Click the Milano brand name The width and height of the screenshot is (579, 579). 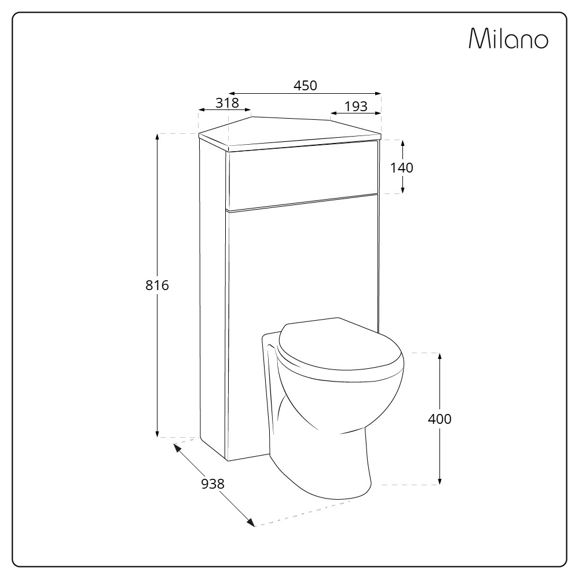click(x=508, y=38)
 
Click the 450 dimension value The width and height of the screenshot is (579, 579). click(x=305, y=86)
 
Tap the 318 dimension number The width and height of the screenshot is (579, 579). click(x=227, y=102)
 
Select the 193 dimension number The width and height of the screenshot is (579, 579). click(x=356, y=107)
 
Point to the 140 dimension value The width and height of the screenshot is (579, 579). click(x=402, y=168)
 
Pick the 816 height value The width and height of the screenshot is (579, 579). click(x=157, y=285)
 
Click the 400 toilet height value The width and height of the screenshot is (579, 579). click(x=439, y=419)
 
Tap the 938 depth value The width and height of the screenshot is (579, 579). click(x=212, y=483)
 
